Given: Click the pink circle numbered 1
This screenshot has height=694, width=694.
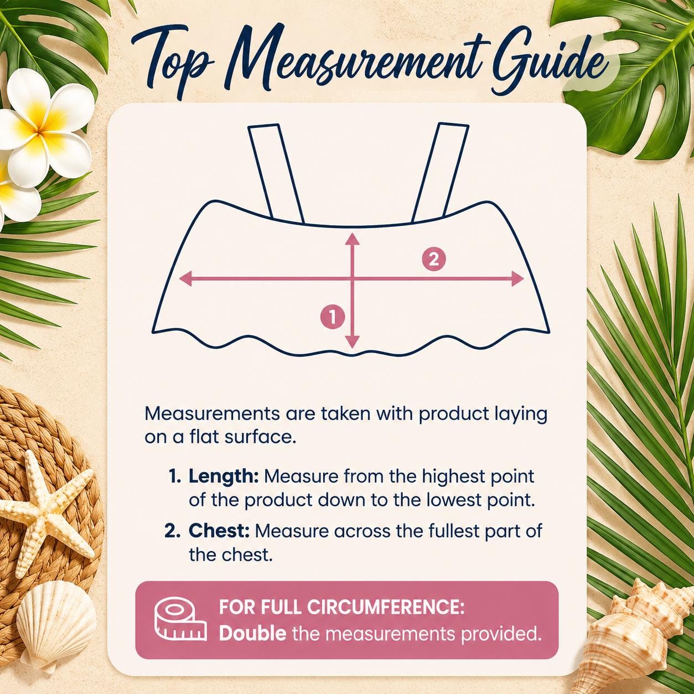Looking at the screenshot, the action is (333, 318).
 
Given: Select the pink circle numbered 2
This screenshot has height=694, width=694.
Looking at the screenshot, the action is (434, 259).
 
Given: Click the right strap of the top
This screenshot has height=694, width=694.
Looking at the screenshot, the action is (440, 173).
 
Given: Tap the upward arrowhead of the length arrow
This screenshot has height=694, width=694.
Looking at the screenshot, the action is (353, 240).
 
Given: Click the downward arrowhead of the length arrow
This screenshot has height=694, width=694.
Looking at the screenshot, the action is (353, 341).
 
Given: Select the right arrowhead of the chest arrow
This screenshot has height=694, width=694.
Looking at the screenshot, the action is (516, 278).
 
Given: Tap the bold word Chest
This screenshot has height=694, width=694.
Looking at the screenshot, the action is (219, 532).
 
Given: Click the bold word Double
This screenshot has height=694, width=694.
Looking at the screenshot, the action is (252, 634).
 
